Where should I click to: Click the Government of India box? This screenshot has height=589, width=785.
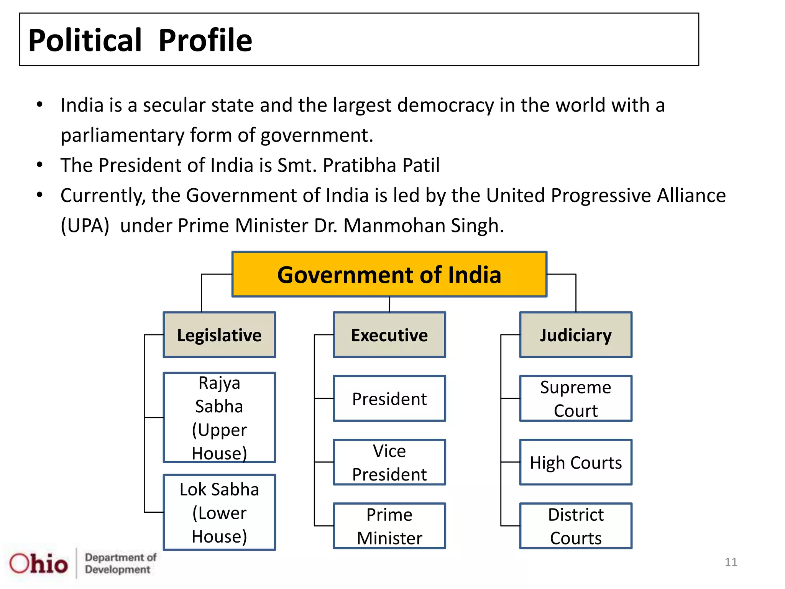(389, 274)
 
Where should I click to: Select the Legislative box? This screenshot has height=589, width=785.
(219, 335)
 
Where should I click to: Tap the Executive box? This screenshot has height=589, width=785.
(389, 335)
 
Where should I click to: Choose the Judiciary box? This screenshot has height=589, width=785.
(575, 335)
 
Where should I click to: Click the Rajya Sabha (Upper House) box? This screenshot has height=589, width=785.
(219, 417)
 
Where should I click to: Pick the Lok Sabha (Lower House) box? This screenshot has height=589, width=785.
(219, 512)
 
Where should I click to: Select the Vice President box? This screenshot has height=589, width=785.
(389, 462)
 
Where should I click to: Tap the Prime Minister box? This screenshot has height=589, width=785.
(389, 526)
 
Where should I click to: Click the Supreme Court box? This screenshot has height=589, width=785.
(575, 398)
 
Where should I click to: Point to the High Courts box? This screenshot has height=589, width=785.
(575, 462)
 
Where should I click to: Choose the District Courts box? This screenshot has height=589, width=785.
(575, 526)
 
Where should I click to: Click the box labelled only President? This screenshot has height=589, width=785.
(389, 398)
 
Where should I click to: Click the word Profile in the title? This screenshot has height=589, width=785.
(205, 40)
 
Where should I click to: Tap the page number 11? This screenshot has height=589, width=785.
(731, 562)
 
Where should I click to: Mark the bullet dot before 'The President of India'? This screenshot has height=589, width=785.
(39, 165)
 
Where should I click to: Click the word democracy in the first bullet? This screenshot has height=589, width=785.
(445, 105)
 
